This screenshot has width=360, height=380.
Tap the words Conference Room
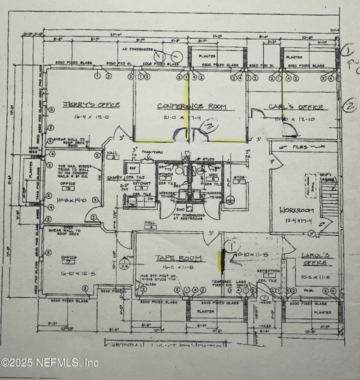tap(191, 107)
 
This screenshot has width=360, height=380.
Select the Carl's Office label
tap(296, 107)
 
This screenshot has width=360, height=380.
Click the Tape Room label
tap(178, 258)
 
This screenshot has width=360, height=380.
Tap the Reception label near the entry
tap(268, 271)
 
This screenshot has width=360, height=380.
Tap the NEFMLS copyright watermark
tap(49, 362)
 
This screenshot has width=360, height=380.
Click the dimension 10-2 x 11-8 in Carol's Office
tap(315, 278)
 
